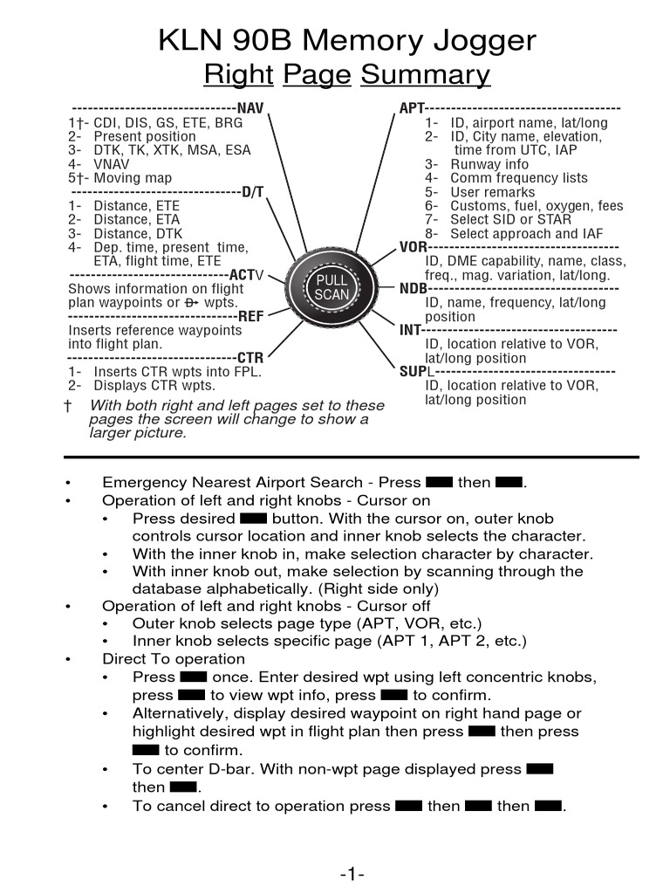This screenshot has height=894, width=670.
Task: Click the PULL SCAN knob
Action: [332, 286]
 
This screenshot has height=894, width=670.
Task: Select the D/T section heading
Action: [252, 192]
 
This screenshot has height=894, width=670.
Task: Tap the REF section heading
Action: [250, 317]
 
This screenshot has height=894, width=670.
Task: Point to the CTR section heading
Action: [250, 358]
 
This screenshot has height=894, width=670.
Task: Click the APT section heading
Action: [412, 108]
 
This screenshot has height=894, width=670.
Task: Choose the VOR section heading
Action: [413, 247]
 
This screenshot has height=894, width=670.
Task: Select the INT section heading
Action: [410, 330]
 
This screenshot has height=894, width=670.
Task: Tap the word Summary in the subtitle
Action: [426, 76]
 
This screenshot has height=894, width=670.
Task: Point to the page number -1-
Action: [352, 876]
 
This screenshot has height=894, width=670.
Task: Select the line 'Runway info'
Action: [489, 164]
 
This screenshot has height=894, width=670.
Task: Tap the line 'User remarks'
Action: [493, 192]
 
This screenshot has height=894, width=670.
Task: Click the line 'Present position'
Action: [145, 136]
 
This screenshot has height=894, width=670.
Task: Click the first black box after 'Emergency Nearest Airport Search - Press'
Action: [439, 483]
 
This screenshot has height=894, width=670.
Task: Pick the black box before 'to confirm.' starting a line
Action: [146, 750]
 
